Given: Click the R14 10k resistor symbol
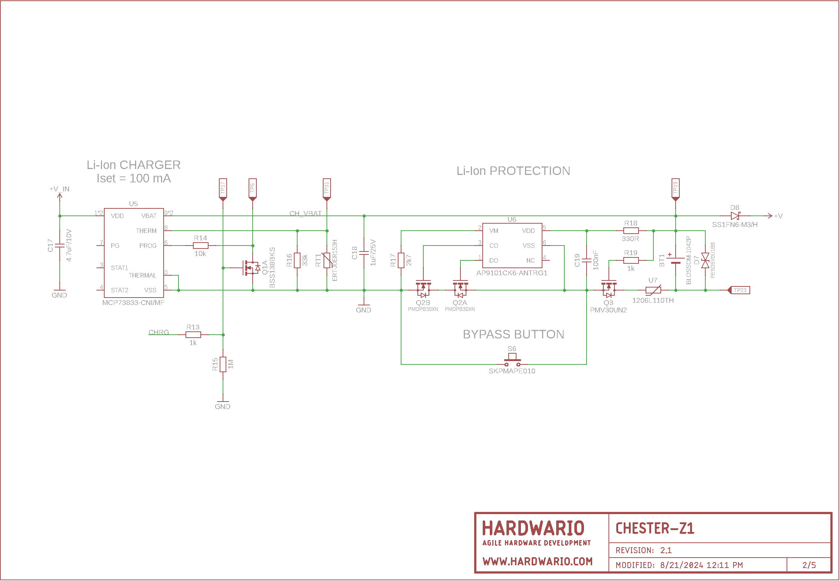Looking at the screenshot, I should coord(200,246).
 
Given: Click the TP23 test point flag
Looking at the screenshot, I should coord(739,290).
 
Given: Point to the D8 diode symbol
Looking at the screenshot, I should coord(735,216).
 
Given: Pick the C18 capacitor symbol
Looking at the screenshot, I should coord(364,253).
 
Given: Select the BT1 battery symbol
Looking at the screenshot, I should coord(676,260).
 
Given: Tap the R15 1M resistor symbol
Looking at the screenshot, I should coord(223,364).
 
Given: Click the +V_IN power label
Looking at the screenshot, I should coord(59,189).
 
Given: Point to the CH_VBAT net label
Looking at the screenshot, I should coord(305,213).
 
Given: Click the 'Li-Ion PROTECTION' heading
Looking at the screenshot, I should coord(513,171).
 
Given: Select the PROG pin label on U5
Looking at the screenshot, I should coord(148,246).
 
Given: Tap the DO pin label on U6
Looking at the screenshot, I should coord(493,260).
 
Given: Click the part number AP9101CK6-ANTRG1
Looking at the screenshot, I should coord(512,273).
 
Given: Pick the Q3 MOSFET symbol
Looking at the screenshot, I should coord(608,288).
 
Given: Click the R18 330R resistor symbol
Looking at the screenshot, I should coord(631,231).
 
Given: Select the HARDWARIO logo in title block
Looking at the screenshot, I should coord(533,528).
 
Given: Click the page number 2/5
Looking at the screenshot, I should coord(809,565).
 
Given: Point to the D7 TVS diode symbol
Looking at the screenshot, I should coord(705,260).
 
